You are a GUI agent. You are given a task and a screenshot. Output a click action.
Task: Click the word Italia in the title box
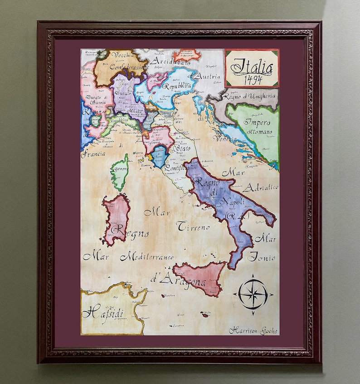(x=252, y=67)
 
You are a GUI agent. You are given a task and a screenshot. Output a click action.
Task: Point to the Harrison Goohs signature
(x=253, y=330)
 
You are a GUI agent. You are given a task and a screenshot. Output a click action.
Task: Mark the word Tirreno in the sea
(x=194, y=226)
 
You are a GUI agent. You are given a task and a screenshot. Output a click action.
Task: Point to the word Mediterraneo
(x=146, y=257)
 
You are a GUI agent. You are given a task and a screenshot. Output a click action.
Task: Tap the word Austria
(x=209, y=77)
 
